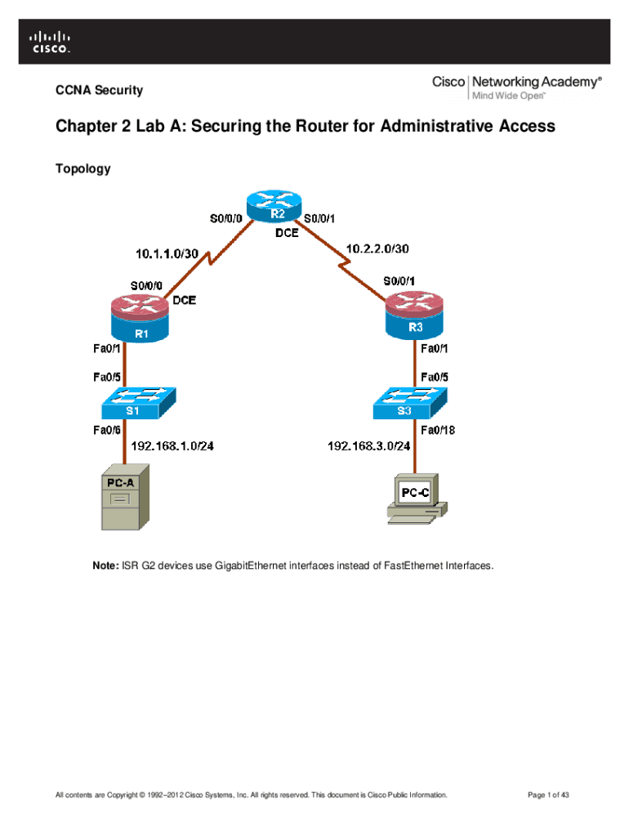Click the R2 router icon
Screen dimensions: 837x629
(273, 209)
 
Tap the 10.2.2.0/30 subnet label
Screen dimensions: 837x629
(378, 246)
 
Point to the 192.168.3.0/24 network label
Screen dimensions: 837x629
(369, 446)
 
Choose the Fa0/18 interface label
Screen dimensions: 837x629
(437, 429)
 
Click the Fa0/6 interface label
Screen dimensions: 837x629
(106, 429)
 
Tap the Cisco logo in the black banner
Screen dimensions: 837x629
(50, 42)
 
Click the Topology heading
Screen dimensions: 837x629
(83, 169)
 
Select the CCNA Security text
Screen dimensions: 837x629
(99, 90)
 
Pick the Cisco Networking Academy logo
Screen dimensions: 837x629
(517, 87)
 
